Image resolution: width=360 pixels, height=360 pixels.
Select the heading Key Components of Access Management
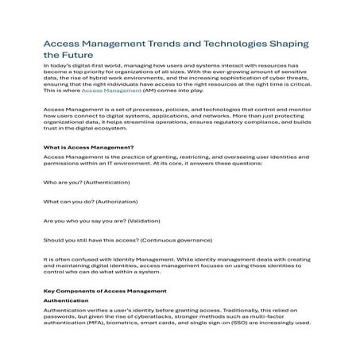click(104, 291)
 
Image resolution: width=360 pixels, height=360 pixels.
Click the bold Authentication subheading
click(66, 301)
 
